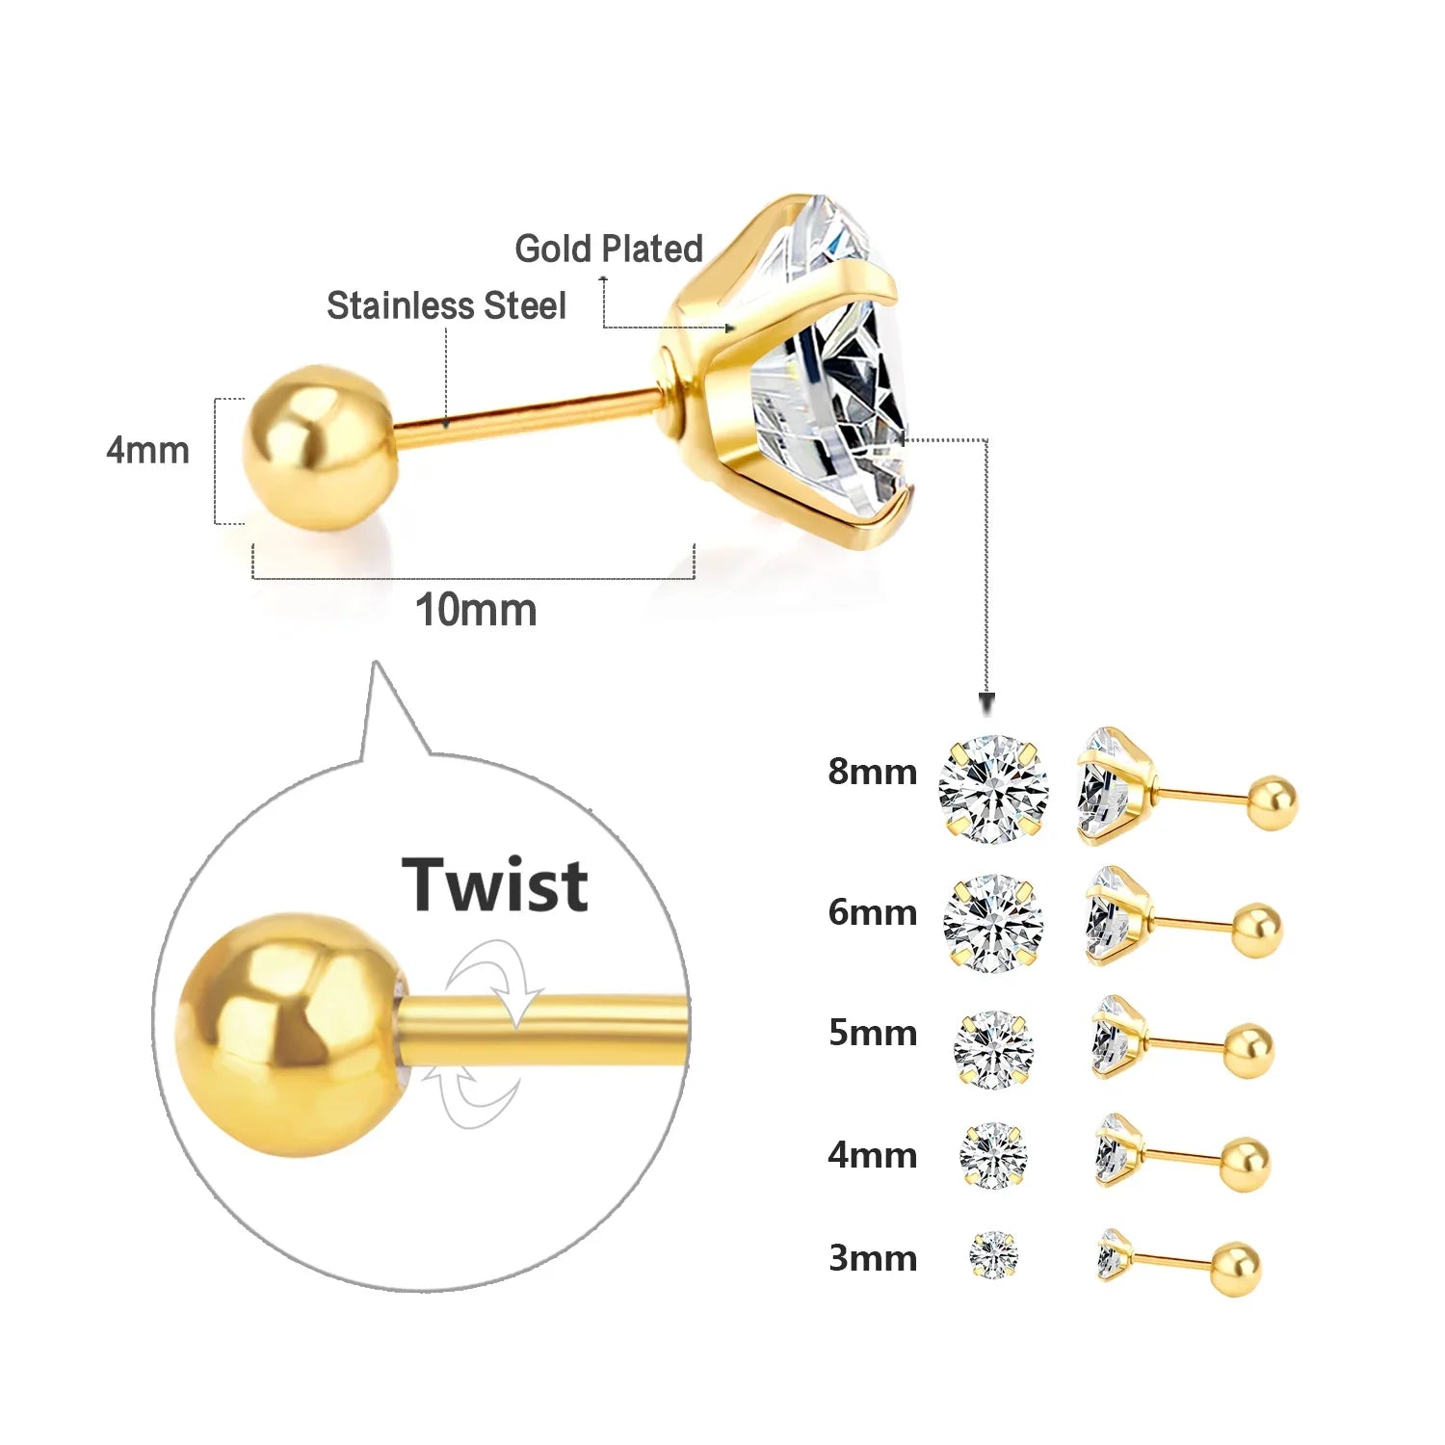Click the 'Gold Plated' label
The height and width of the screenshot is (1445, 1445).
(x=609, y=249)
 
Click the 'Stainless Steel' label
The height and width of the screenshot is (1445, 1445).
(x=446, y=305)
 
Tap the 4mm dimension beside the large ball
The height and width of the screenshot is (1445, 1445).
(x=147, y=450)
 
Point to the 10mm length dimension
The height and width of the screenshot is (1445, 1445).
(x=475, y=610)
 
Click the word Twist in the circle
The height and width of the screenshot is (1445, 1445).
(x=495, y=884)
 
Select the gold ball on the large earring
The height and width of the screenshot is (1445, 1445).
(x=319, y=447)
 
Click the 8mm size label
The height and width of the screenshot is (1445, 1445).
(x=872, y=772)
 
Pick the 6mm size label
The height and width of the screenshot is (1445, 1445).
(x=872, y=912)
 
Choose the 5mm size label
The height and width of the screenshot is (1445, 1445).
(x=872, y=1033)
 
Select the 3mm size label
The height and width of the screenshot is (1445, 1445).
(x=872, y=1258)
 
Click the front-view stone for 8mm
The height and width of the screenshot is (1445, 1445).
(x=993, y=788)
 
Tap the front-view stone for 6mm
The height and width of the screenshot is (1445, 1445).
(x=993, y=923)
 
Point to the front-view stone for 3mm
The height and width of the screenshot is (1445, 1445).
(x=993, y=1254)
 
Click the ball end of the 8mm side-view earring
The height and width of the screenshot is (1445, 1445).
(x=1272, y=803)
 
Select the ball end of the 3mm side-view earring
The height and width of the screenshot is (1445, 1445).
(x=1236, y=1269)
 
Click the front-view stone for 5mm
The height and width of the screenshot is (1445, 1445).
(x=993, y=1049)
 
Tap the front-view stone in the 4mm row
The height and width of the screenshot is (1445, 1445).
(x=993, y=1154)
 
